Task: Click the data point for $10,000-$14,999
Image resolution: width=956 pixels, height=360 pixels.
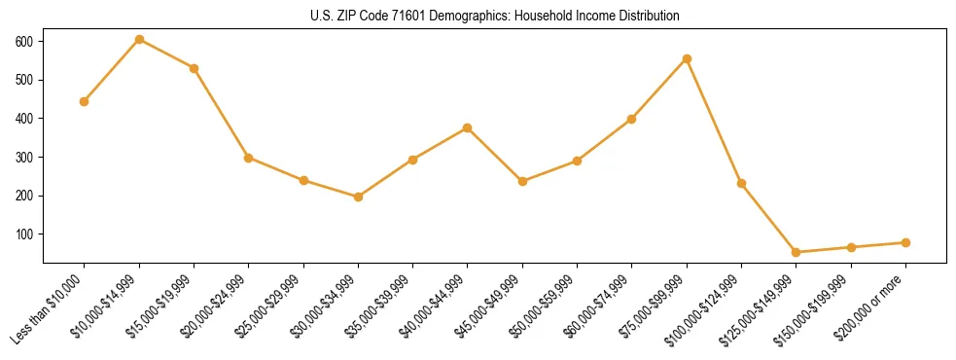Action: coord(139,39)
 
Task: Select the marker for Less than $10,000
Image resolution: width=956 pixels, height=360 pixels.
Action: coord(85,101)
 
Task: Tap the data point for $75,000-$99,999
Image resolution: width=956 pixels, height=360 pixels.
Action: coord(687,58)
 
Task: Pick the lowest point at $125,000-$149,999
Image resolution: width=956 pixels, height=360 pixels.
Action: coord(797,252)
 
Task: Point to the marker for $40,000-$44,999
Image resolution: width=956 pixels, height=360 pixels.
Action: coord(468,127)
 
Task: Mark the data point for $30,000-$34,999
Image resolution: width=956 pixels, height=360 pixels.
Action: coord(358,197)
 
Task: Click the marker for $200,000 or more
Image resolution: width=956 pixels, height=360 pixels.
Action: coord(905,242)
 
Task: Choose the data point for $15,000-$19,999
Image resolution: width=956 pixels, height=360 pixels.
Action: coord(195,68)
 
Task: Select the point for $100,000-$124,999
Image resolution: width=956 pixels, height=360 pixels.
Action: coord(741,183)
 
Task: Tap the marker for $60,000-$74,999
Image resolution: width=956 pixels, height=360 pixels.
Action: coord(632,119)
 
